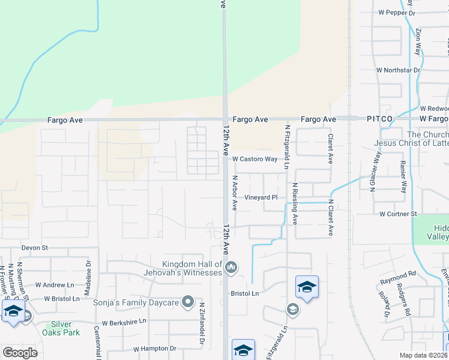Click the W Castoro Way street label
(255, 160)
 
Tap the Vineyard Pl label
(261, 197)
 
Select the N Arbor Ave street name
(235, 193)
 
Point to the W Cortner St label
(397, 214)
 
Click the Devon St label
(34, 247)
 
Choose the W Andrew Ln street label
(55, 285)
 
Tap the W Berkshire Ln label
(124, 322)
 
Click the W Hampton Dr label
(154, 348)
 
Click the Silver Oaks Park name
(61, 329)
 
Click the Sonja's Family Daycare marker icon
(188, 302)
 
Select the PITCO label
(379, 119)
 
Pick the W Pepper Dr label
(396, 13)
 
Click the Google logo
(20, 353)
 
